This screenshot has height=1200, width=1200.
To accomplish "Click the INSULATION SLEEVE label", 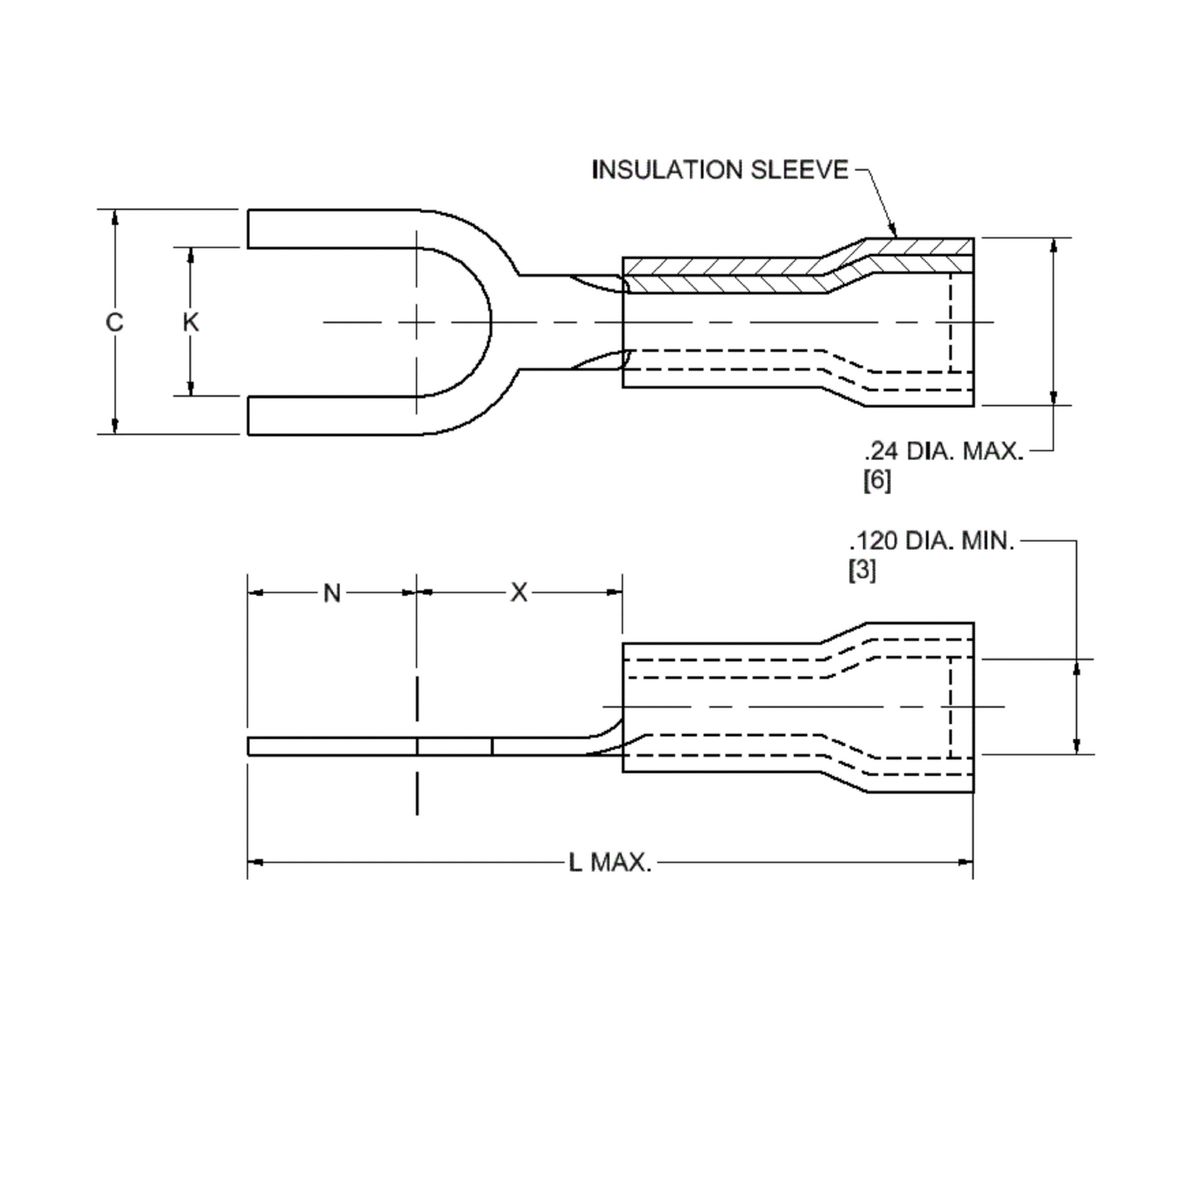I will point(720,170).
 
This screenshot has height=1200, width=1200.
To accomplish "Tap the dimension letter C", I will point(115,322).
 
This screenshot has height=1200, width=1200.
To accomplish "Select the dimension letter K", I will point(191,322).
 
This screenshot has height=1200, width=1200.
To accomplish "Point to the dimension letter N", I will point(332,593).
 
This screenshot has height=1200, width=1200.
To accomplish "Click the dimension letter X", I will point(519,593).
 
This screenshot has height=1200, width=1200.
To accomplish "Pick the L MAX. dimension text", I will point(610,862).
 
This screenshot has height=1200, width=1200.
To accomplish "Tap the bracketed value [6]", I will point(876,481).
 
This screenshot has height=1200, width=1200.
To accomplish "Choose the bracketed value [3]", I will point(862,573).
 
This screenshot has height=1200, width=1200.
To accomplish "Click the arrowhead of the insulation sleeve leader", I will point(896,233).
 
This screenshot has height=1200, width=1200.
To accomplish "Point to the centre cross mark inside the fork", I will point(417,322).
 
